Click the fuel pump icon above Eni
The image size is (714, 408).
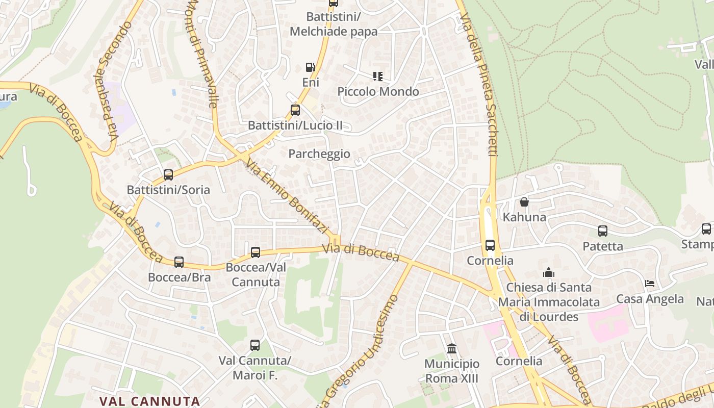[x=310, y=67]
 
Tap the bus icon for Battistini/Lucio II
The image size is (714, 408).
[x=295, y=110]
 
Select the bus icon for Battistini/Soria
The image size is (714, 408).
[x=168, y=175]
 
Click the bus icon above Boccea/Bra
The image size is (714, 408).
[x=179, y=262]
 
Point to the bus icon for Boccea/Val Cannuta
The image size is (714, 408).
[x=256, y=252]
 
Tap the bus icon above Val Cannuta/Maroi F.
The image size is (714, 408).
[x=255, y=345]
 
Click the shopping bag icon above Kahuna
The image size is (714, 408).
[x=524, y=202]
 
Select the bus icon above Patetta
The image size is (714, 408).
[x=603, y=231]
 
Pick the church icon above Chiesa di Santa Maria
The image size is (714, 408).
[x=549, y=272]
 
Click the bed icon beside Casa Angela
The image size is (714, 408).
[x=650, y=284]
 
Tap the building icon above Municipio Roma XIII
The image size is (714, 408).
[x=452, y=349]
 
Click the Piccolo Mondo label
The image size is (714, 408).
[x=378, y=92]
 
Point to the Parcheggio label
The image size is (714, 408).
[x=319, y=154]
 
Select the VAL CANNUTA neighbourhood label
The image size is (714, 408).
[x=149, y=401]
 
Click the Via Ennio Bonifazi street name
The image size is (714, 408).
[x=286, y=196]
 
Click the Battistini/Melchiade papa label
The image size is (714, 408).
[x=334, y=24]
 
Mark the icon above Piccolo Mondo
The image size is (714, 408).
[x=377, y=76]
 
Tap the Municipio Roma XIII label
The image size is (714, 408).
[x=452, y=371]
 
